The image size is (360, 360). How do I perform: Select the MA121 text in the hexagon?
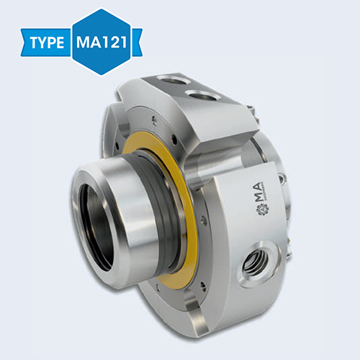[101, 41]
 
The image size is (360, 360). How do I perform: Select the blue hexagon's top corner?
[102, 9]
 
